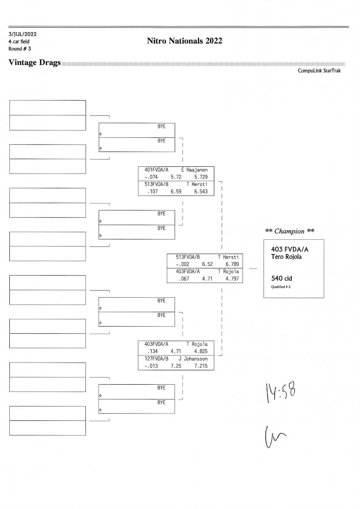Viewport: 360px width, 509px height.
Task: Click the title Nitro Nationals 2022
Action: click(x=184, y=41)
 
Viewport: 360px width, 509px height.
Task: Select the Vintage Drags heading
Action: click(x=34, y=63)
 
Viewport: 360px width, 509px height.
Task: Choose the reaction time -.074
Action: click(x=151, y=176)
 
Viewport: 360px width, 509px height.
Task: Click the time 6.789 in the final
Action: click(x=231, y=264)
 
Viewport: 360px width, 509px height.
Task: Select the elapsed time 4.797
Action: click(x=231, y=279)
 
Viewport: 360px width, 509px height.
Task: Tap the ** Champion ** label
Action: click(x=290, y=231)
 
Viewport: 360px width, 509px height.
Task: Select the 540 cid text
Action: click(x=281, y=279)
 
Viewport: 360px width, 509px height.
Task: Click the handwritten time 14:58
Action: click(x=281, y=389)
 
